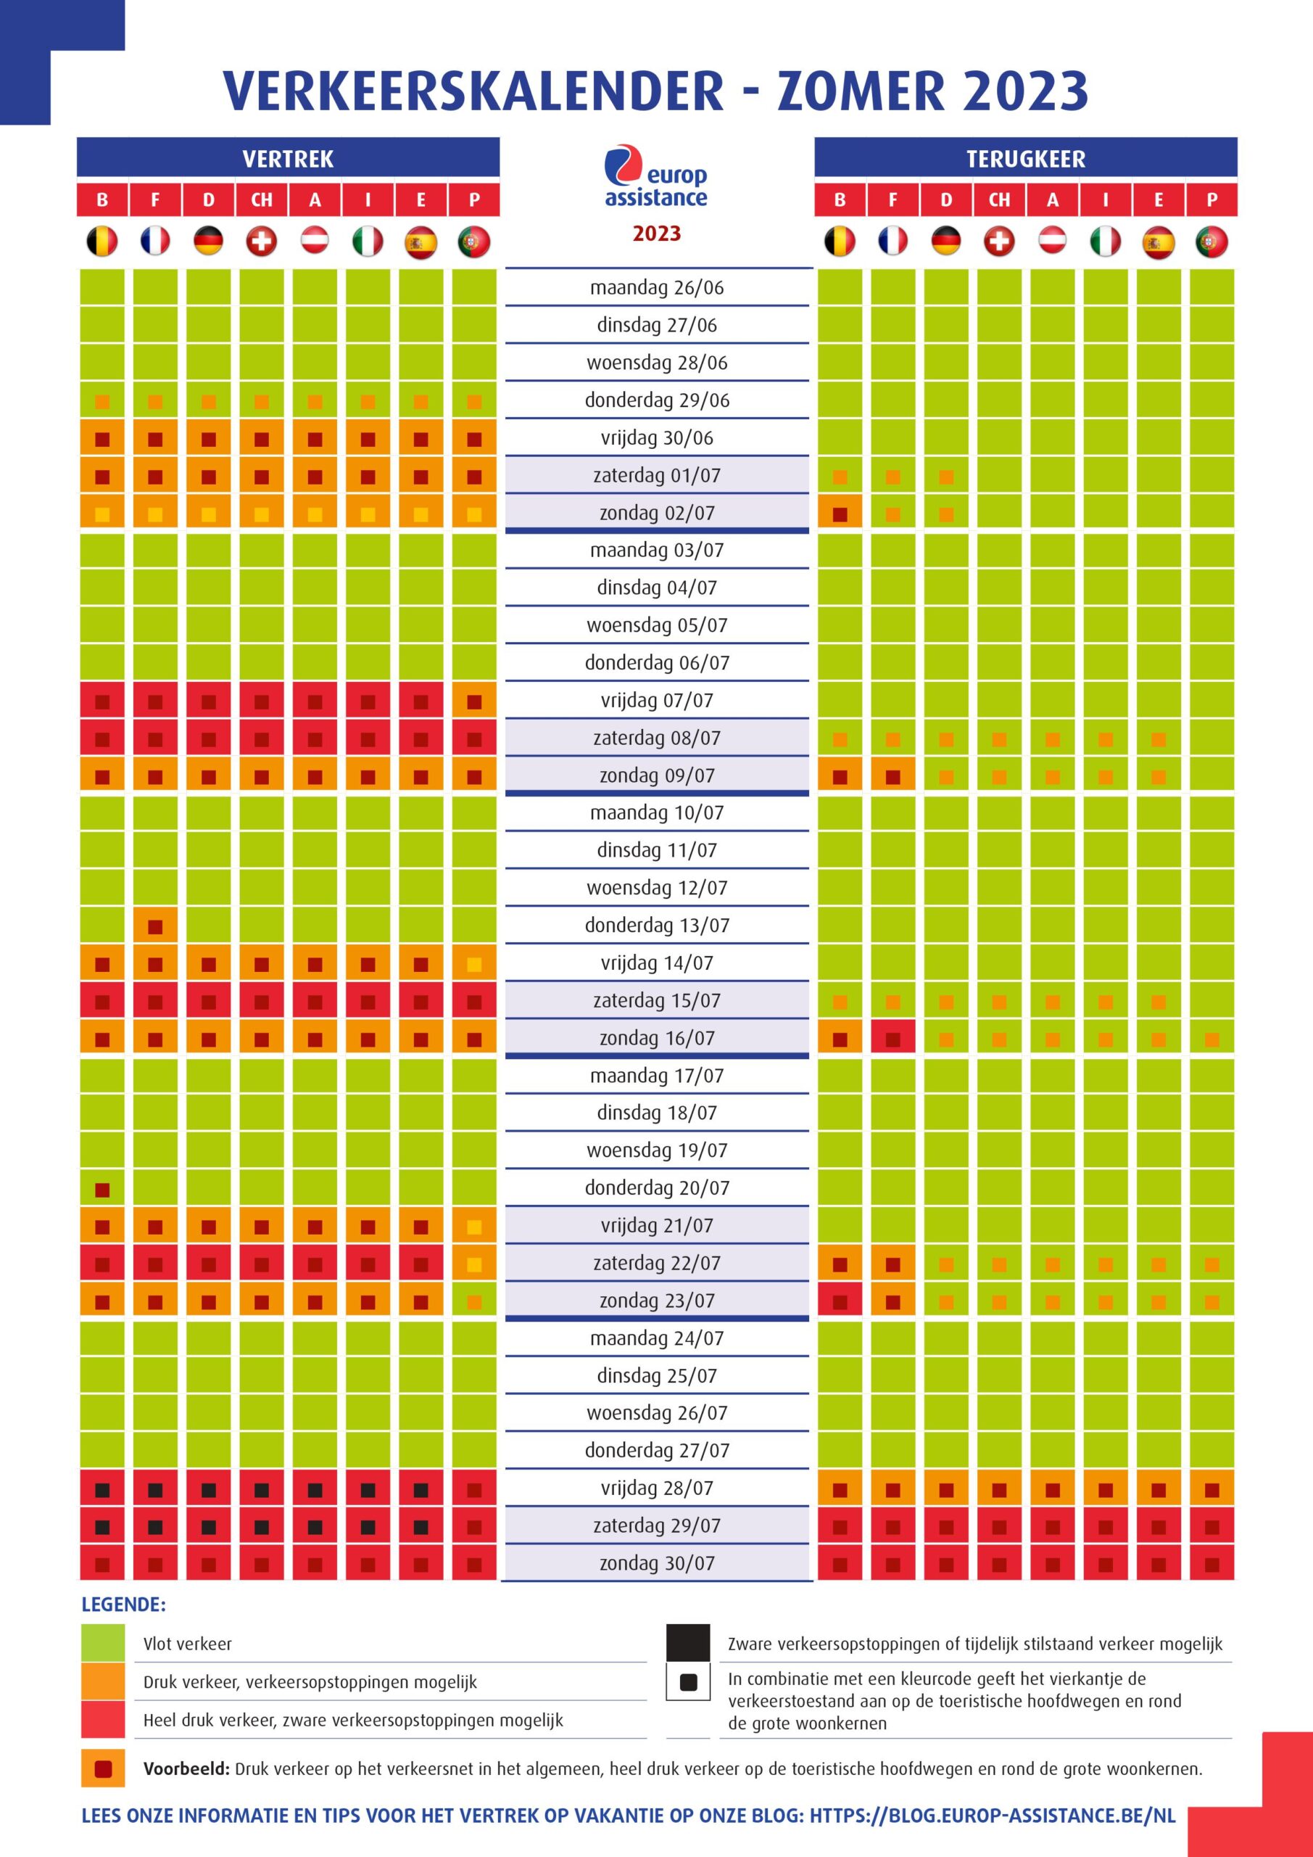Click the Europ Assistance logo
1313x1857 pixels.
click(655, 176)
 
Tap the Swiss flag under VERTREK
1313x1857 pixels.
click(261, 241)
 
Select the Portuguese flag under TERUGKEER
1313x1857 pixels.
click(1211, 241)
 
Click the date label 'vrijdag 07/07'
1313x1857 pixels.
click(657, 701)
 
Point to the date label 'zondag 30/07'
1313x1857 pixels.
click(657, 1563)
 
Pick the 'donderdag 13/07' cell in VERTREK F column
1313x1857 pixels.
click(155, 926)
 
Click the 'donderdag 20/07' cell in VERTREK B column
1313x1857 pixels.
click(102, 1189)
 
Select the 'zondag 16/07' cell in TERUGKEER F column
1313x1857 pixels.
click(892, 1039)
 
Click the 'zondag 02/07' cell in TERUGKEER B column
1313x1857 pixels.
click(840, 514)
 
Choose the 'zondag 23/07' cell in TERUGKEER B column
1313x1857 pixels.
click(840, 1301)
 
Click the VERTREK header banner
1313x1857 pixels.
click(288, 157)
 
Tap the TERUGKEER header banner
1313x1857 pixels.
click(1025, 157)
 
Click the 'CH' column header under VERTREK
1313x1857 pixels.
click(261, 199)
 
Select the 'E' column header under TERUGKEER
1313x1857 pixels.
click(1158, 199)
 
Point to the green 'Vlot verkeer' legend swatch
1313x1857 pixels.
click(103, 1643)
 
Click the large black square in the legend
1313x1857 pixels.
click(688, 1643)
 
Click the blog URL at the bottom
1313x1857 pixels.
click(992, 1816)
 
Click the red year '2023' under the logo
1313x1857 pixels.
click(657, 234)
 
